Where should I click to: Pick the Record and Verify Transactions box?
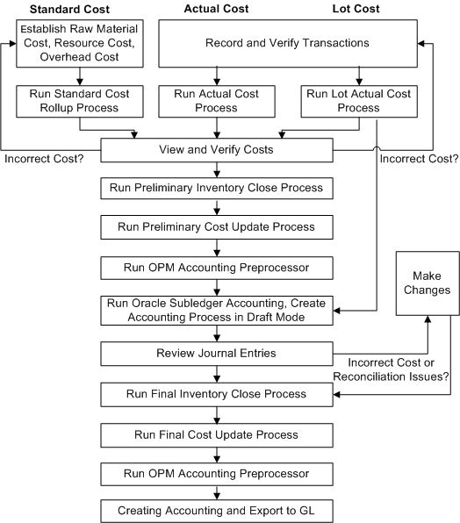(286, 43)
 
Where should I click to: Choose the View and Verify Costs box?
(215, 150)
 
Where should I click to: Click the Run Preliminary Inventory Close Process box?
(215, 187)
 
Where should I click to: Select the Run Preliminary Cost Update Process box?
(215, 226)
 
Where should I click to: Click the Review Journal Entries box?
(215, 354)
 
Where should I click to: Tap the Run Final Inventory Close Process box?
(215, 394)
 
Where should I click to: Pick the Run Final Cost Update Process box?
(215, 433)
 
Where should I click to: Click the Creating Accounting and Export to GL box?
(215, 510)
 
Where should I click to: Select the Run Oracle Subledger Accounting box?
(215, 311)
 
